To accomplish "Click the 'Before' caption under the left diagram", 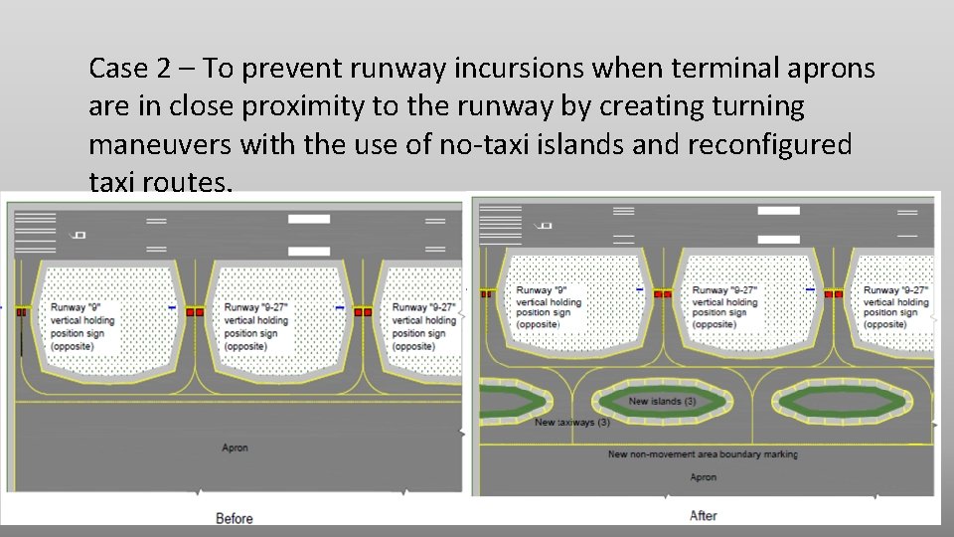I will [x=235, y=518].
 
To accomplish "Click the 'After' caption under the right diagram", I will [x=704, y=515].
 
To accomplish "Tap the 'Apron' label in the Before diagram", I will [x=236, y=448].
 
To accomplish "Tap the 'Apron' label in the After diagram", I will [x=704, y=477].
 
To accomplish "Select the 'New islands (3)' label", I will [x=662, y=402].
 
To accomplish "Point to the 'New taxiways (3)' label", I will [x=572, y=422].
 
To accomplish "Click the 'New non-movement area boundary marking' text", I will [x=703, y=454].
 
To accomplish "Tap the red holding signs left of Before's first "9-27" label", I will [x=195, y=312].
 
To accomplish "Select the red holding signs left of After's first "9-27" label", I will [x=662, y=294].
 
